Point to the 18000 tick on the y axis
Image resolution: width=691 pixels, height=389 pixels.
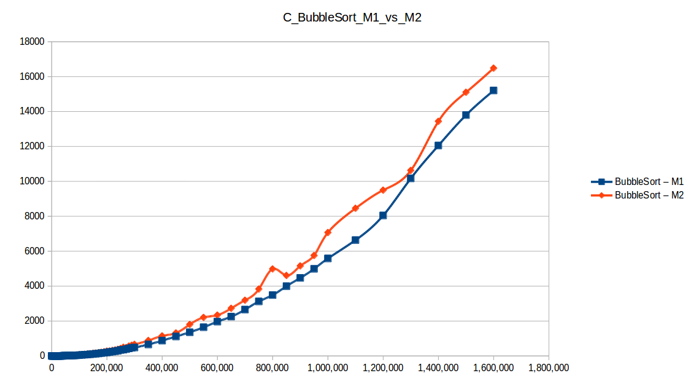(x=33, y=42)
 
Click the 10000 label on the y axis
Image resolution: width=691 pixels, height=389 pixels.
(x=33, y=181)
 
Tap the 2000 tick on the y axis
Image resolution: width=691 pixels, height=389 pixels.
(x=36, y=321)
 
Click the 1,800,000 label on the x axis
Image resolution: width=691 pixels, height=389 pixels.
(x=548, y=368)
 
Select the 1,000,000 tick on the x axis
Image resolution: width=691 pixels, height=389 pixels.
(x=327, y=368)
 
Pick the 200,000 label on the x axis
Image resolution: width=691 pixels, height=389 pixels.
(x=106, y=368)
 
